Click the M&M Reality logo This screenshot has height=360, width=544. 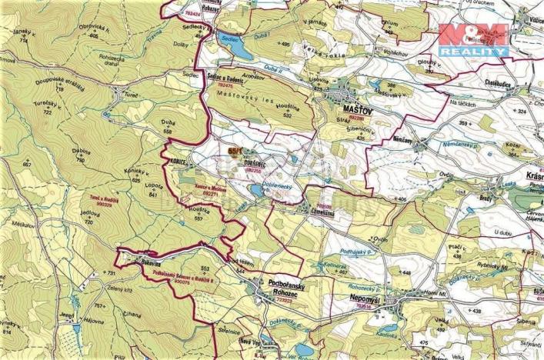[473, 39]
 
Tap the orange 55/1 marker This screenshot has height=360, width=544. [235, 152]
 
